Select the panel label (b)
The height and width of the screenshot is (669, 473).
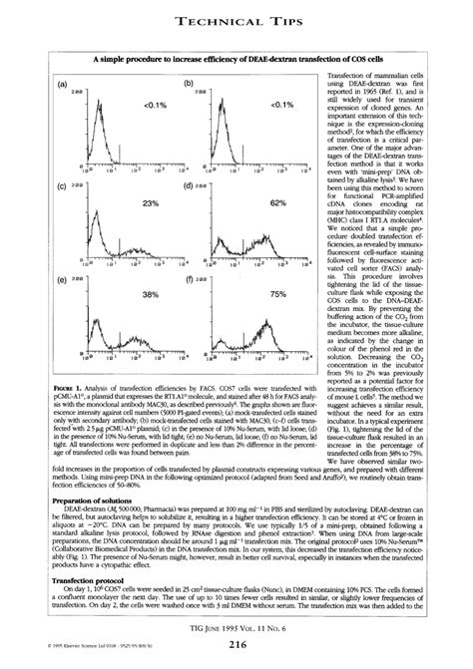(189, 85)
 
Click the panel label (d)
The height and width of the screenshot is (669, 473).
(189, 186)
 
